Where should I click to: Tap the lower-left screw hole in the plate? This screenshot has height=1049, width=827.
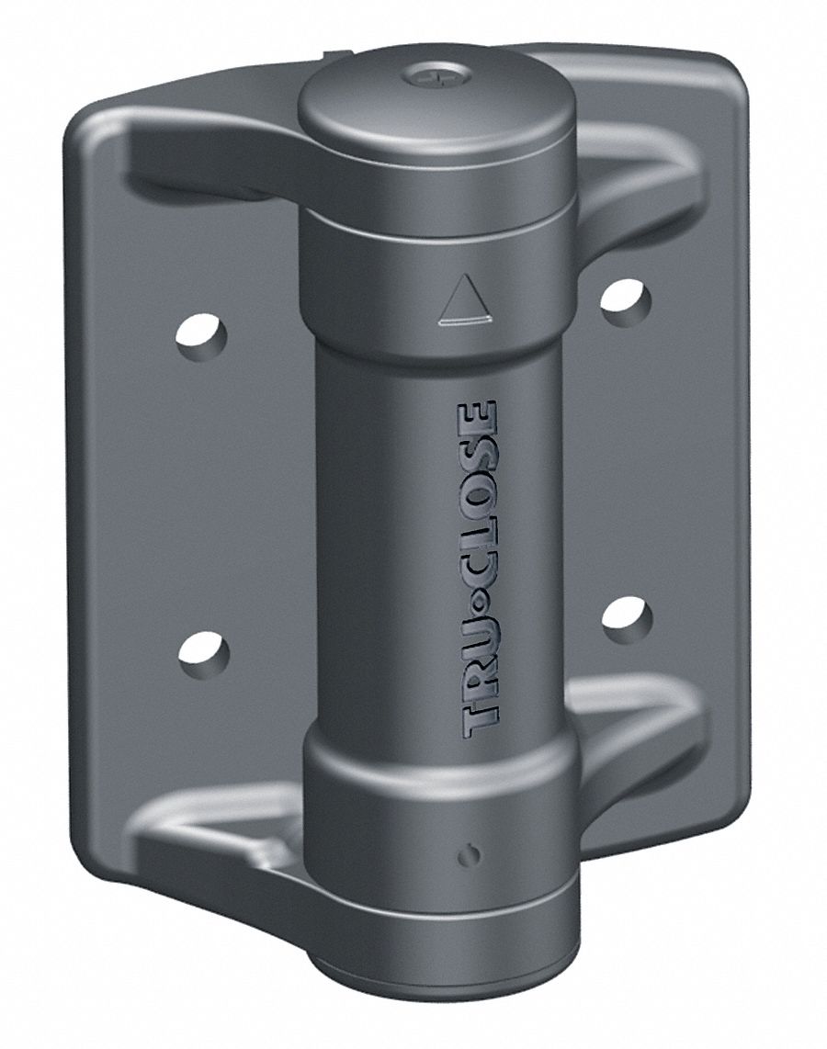[x=203, y=654]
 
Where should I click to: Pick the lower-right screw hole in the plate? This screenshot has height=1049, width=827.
[x=627, y=617]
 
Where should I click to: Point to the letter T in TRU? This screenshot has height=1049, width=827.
[x=482, y=721]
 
